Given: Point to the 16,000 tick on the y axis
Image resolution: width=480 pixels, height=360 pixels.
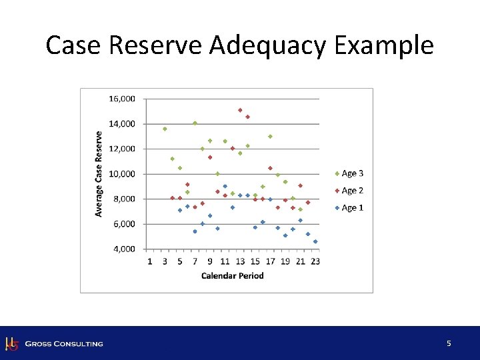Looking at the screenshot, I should click(121, 99).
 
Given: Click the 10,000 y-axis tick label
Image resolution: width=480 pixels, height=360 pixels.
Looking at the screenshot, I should click(121, 174).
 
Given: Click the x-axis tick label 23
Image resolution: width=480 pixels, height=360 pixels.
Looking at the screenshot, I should click(315, 261).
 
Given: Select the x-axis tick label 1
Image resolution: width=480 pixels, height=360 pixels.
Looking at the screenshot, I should click(150, 261).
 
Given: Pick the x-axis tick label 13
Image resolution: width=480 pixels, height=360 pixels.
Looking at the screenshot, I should click(240, 261).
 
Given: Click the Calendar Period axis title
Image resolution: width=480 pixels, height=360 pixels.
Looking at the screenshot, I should click(232, 275).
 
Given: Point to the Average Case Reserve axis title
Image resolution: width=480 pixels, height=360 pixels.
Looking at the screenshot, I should click(99, 173).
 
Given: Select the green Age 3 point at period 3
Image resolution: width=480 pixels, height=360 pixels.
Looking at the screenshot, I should click(165, 129).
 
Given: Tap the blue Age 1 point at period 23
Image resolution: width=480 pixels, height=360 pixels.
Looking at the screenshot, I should click(315, 241).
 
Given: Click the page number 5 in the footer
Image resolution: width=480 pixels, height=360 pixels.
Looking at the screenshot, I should click(449, 343).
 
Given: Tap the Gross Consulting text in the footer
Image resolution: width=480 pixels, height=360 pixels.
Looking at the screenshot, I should click(64, 344).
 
